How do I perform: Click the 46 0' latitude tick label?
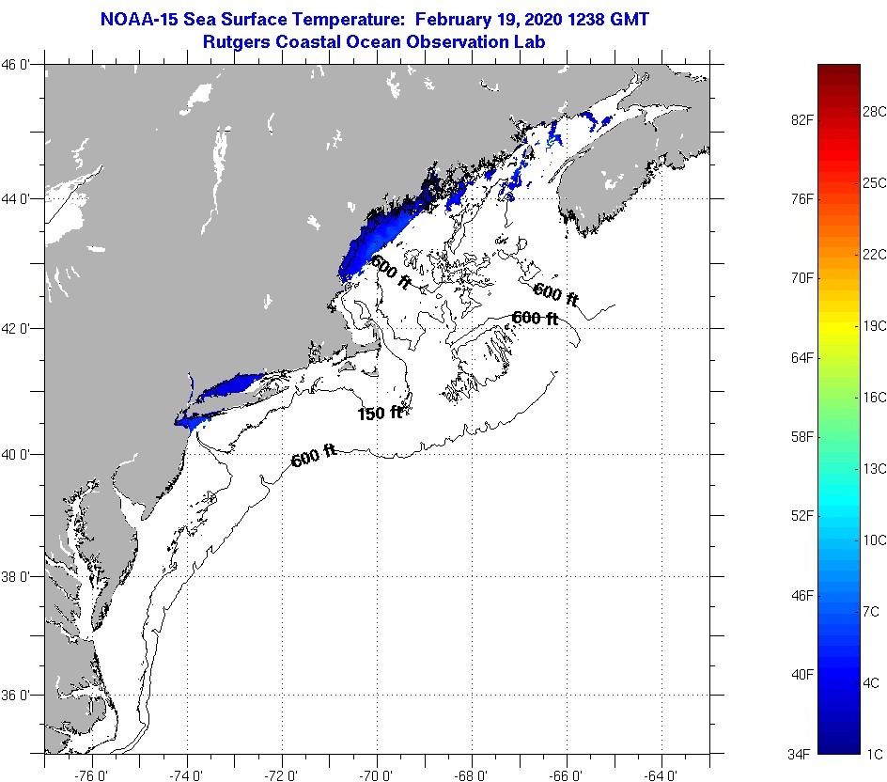[21, 64]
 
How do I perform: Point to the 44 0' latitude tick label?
[21, 198]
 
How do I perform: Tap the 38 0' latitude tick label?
[21, 576]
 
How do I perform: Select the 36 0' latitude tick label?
[21, 696]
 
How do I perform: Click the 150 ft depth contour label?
[380, 413]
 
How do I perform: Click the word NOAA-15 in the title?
[136, 20]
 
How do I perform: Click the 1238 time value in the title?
[582, 20]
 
